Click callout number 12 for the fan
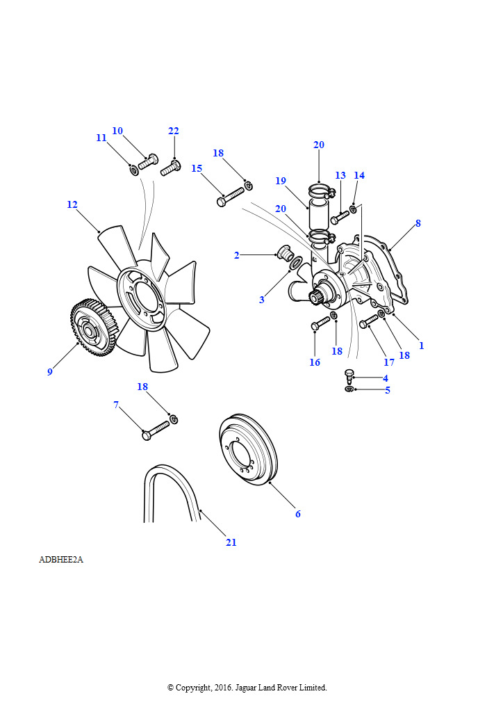click(72, 205)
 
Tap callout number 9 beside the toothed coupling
click(50, 372)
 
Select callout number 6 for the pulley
click(298, 514)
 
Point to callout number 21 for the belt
click(231, 542)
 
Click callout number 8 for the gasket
click(418, 223)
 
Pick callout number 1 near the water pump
click(421, 346)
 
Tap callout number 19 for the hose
click(281, 181)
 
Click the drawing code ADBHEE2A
click(61, 560)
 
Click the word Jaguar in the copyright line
click(245, 688)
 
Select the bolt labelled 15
click(231, 197)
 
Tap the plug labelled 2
click(284, 252)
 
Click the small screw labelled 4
click(348, 376)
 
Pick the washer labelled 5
click(349, 389)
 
